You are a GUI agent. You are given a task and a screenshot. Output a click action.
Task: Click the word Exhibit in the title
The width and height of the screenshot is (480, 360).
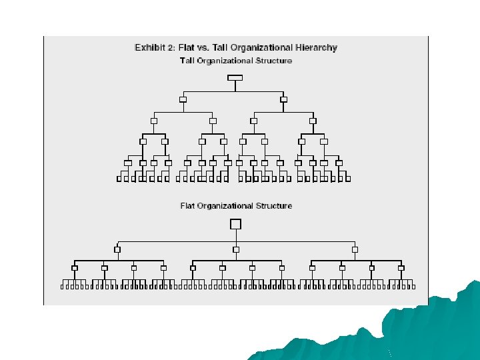(x=151, y=47)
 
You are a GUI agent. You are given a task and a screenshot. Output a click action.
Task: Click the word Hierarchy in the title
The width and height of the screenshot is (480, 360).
(x=315, y=47)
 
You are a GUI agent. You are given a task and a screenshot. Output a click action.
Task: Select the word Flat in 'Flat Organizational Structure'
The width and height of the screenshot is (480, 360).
(x=189, y=205)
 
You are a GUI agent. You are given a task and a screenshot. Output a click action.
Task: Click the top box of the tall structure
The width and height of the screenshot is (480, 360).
(x=235, y=77)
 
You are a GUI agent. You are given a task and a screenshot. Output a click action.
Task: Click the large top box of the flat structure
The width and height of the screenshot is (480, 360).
(x=235, y=224)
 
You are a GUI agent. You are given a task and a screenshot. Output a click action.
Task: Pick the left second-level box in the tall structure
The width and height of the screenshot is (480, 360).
(x=183, y=99)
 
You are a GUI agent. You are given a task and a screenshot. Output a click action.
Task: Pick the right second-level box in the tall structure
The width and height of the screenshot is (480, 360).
(x=283, y=99)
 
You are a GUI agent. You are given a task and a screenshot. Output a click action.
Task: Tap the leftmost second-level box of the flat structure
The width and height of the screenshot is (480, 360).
(x=117, y=249)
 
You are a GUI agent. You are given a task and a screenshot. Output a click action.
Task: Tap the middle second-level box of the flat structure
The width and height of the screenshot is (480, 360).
(x=236, y=249)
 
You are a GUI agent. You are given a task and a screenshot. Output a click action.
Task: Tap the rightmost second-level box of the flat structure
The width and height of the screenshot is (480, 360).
(x=355, y=249)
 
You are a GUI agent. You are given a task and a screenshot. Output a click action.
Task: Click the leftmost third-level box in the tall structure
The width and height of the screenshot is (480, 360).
(x=153, y=121)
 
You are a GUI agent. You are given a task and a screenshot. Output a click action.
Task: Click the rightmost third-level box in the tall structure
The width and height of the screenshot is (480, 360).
(x=312, y=121)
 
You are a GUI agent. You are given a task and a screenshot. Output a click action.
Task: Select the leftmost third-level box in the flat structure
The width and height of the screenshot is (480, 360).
(x=75, y=268)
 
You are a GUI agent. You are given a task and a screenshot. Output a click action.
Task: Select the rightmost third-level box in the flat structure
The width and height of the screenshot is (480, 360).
(x=401, y=268)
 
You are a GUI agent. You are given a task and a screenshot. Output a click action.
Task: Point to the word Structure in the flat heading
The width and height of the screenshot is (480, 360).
(x=275, y=205)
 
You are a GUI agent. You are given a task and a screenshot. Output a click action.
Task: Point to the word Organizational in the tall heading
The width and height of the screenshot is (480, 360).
(x=226, y=61)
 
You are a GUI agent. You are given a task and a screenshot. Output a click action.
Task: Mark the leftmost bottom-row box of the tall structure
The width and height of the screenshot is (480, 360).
(x=119, y=179)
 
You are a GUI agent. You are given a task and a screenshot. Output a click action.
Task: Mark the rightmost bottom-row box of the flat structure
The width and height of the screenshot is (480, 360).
(x=414, y=287)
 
